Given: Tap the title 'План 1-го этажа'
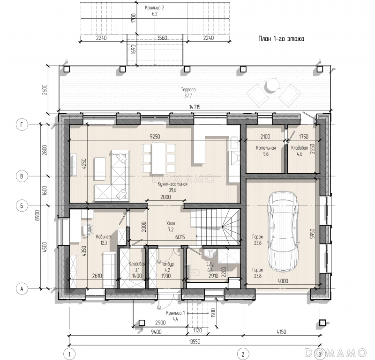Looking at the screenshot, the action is click(x=281, y=39).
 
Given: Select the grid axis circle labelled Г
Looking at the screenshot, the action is click(x=22, y=125).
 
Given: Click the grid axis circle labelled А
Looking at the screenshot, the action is click(x=22, y=289).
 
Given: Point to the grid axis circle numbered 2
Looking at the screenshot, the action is click(x=243, y=353).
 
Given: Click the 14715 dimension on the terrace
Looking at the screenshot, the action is click(x=195, y=107).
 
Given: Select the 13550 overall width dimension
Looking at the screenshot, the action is click(x=195, y=342).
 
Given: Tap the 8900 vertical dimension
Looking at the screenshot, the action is click(x=37, y=215).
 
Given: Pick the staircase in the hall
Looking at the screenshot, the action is click(x=216, y=227).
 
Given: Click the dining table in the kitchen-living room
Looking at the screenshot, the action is click(x=158, y=158).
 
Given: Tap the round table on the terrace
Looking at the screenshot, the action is click(x=272, y=85).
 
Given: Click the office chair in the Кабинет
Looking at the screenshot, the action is click(x=87, y=229).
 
